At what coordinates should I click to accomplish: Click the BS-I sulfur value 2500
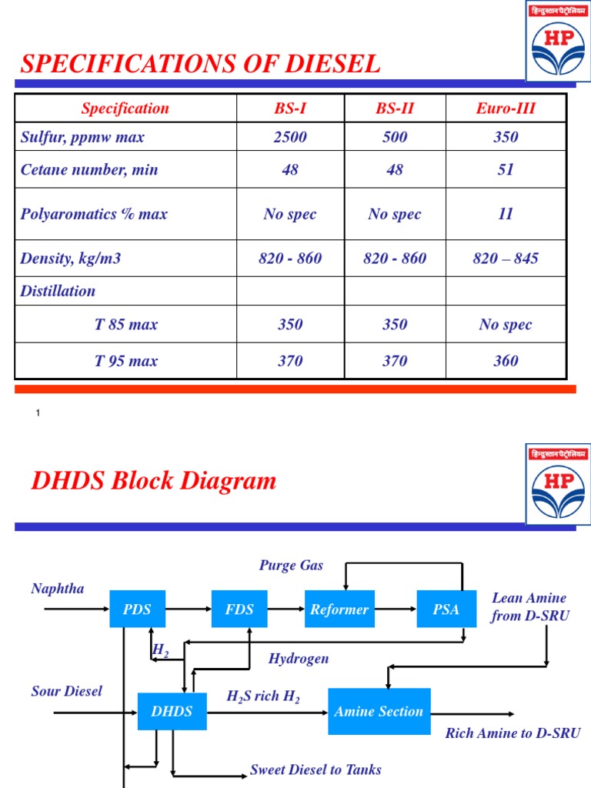(290, 138)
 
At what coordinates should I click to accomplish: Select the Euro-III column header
(506, 109)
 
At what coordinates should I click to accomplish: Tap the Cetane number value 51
(506, 170)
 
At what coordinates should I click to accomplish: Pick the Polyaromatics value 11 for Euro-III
(506, 214)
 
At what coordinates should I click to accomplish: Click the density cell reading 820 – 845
(506, 259)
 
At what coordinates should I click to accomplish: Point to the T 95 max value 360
(506, 361)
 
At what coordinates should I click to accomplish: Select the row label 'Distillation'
(58, 291)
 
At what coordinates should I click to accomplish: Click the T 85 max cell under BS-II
(395, 325)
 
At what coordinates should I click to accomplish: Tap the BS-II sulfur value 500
(395, 138)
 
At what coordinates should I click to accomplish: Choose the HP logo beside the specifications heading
(558, 40)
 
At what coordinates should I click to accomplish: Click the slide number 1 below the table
(38, 414)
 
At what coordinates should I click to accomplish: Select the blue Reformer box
(339, 609)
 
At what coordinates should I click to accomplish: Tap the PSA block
(445, 609)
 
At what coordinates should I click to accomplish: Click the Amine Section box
(379, 712)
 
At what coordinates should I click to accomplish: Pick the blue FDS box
(239, 609)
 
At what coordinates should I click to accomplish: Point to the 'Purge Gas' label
(291, 566)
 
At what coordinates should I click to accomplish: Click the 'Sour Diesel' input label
(66, 691)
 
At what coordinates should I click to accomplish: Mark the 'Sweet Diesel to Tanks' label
(316, 770)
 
